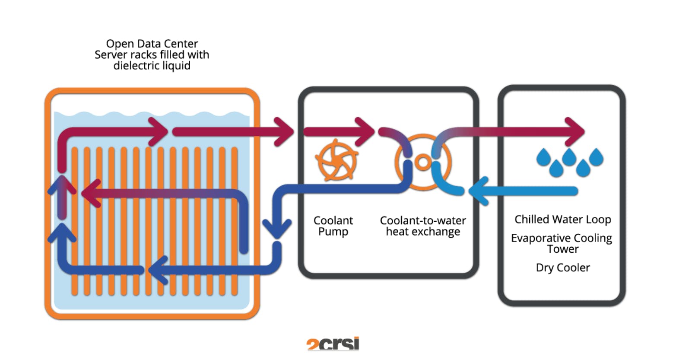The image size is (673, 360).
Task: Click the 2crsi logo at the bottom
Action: coord(333,344)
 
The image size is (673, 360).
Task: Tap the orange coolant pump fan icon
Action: coord(336,161)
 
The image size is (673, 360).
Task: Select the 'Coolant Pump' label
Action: coord(333,226)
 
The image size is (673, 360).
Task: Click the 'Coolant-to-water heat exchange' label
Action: coord(423,226)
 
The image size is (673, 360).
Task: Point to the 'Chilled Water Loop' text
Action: coord(562,220)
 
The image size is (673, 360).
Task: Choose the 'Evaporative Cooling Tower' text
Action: coord(562,243)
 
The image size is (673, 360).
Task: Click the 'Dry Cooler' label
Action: coord(562,268)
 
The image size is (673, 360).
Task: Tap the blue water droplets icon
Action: coord(569,162)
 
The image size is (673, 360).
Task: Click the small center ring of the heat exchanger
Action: coord(423,162)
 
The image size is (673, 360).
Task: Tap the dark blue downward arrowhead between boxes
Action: coord(277,229)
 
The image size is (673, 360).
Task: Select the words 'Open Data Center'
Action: coord(152,44)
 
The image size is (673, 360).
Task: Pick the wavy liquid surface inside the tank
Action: coord(151,115)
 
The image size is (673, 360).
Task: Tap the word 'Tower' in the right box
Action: coord(562,249)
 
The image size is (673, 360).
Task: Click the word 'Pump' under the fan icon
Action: coord(333,232)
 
